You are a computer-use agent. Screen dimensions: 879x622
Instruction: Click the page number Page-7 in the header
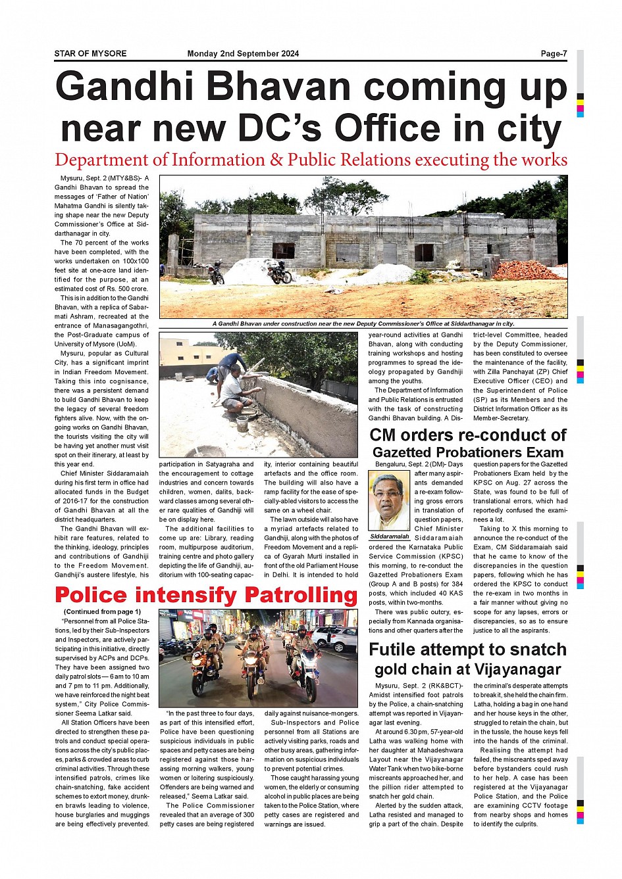554,54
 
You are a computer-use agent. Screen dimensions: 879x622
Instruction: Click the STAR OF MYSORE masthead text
90,54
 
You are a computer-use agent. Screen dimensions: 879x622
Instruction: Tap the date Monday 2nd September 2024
243,54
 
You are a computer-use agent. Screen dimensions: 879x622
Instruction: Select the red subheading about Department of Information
311,160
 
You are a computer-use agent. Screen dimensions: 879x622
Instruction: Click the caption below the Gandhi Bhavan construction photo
363,323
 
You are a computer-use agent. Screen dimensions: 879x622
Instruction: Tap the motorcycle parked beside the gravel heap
280,272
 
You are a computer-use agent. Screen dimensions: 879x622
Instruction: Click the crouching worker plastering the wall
233,394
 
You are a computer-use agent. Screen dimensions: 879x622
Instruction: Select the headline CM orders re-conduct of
467,435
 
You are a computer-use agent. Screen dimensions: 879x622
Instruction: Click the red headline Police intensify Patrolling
206,595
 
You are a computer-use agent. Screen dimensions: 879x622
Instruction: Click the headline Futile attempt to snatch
467,650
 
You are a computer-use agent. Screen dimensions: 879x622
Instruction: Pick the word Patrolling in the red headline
300,595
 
